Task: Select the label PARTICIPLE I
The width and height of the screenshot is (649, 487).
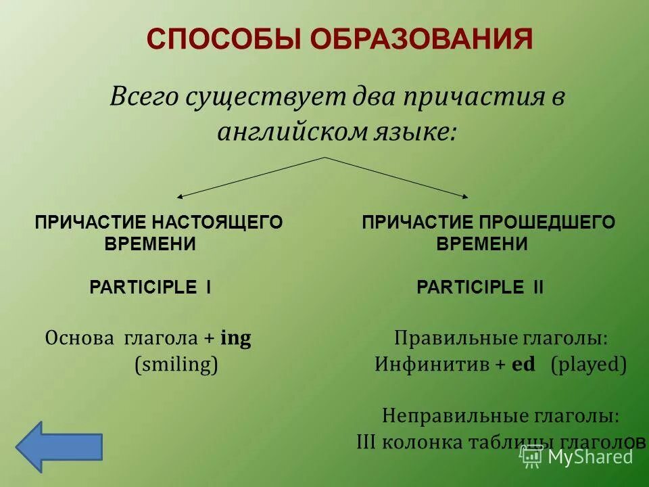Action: [151, 287]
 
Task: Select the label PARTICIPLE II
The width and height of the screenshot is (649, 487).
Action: [480, 287]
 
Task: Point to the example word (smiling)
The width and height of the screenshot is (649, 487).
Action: [176, 366]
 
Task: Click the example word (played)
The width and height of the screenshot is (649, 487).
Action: [588, 365]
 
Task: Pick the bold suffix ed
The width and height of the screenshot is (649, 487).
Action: [523, 365]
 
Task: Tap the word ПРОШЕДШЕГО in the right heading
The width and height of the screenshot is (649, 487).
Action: [548, 223]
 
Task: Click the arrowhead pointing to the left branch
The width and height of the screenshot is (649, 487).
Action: [181, 196]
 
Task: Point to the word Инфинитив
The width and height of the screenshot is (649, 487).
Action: [433, 365]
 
